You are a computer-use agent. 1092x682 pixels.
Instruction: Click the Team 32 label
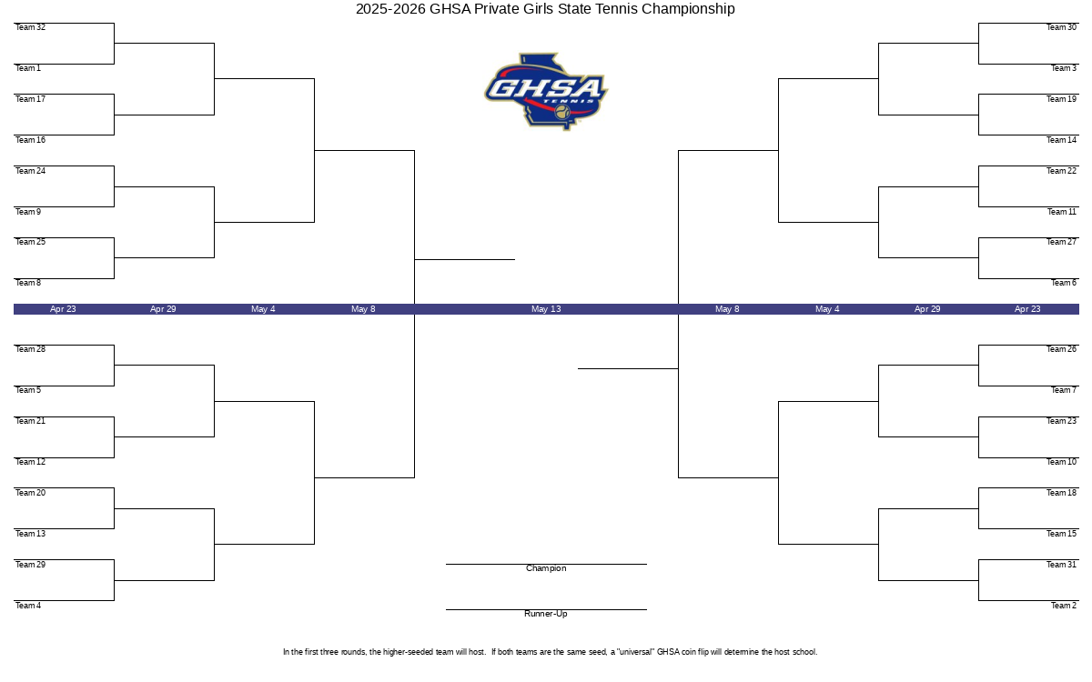pyautogui.click(x=30, y=27)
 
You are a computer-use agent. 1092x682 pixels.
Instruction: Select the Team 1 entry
pyautogui.click(x=28, y=68)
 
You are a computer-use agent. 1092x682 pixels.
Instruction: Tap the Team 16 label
pyautogui.click(x=30, y=140)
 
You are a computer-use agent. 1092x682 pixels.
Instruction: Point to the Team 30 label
pyautogui.click(x=1061, y=27)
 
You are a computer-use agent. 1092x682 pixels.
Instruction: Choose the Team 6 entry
pyautogui.click(x=1064, y=283)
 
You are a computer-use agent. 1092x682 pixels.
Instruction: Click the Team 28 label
pyautogui.click(x=30, y=349)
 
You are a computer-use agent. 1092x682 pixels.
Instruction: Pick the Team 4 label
pyautogui.click(x=28, y=606)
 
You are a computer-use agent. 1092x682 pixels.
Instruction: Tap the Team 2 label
pyautogui.click(x=1064, y=606)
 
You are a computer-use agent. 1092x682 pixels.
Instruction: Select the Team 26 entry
pyautogui.click(x=1061, y=349)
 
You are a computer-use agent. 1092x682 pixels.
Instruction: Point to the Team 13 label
pyautogui.click(x=30, y=534)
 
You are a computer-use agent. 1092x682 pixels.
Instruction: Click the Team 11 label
pyautogui.click(x=1062, y=212)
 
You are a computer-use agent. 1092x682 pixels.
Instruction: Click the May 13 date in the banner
pyautogui.click(x=546, y=309)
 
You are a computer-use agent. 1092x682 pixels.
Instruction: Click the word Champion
pyautogui.click(x=546, y=568)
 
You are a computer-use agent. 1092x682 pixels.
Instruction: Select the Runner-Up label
pyautogui.click(x=546, y=614)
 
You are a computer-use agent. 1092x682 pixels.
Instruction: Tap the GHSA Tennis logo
pyautogui.click(x=546, y=92)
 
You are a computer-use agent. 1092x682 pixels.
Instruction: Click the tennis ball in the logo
pyautogui.click(x=562, y=112)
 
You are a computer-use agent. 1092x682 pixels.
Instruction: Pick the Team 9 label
pyautogui.click(x=28, y=212)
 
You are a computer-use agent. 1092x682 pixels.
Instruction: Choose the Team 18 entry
pyautogui.click(x=1061, y=493)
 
